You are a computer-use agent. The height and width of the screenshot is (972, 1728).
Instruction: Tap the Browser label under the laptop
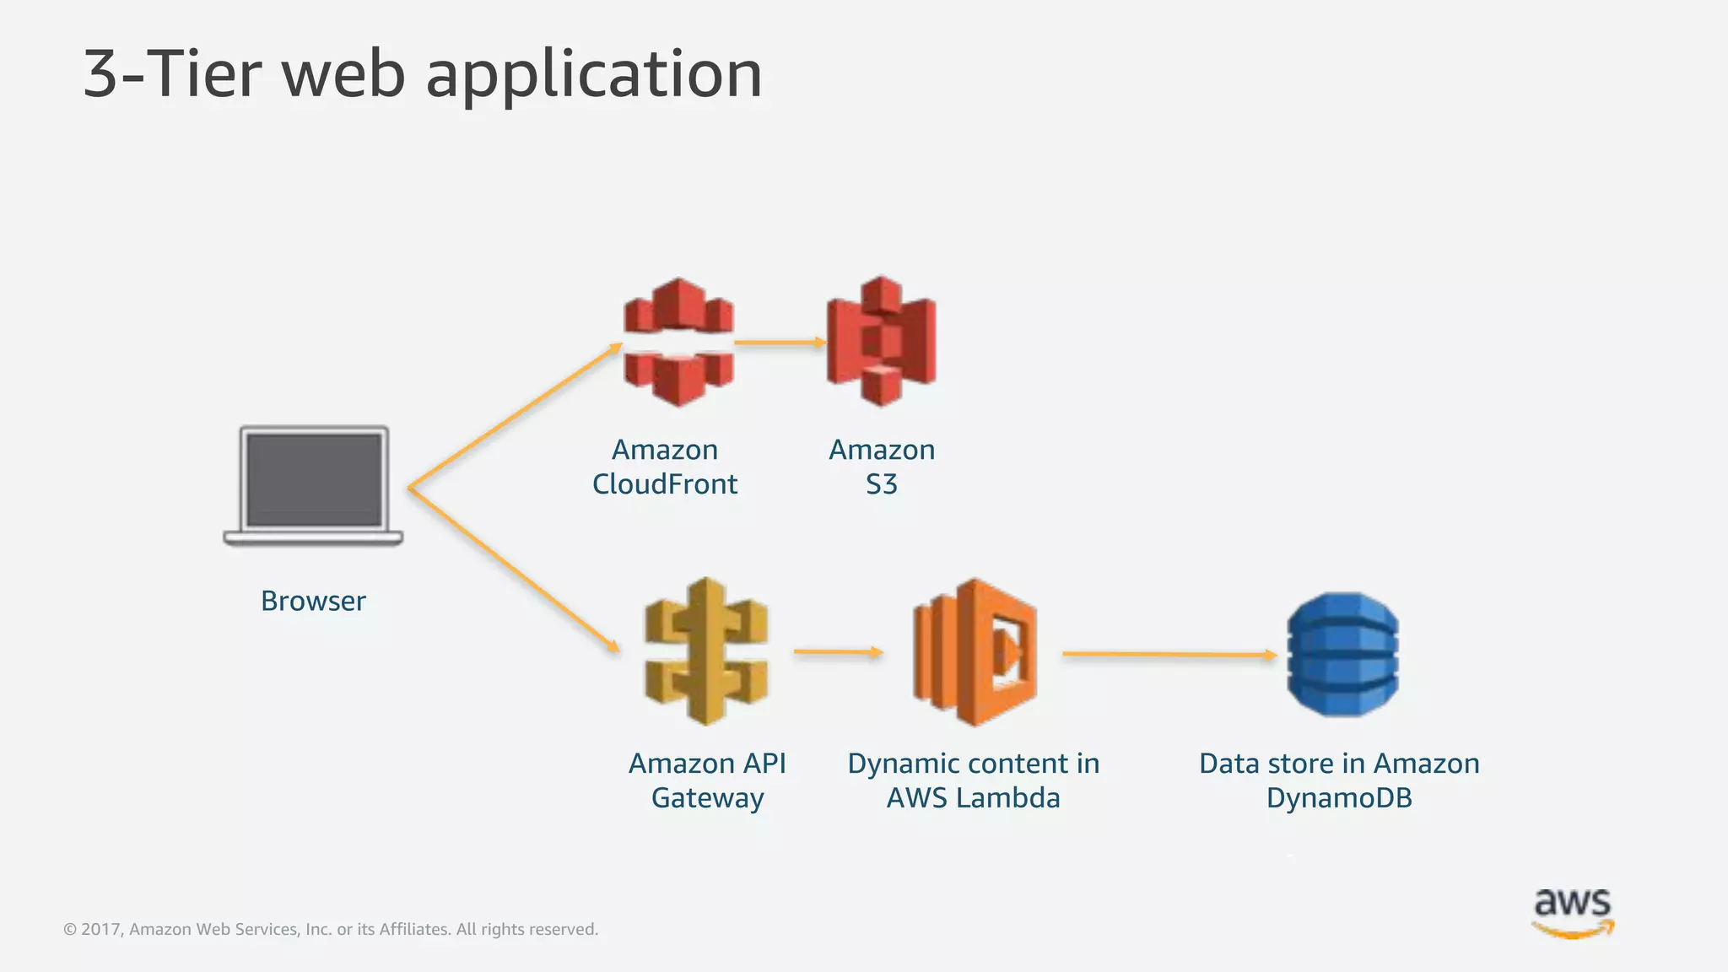313,601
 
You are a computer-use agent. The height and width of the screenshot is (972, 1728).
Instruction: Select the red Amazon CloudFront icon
678,342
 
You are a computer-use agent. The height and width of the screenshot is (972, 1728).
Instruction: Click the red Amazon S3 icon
881,341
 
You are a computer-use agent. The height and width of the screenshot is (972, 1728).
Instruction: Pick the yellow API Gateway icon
706,651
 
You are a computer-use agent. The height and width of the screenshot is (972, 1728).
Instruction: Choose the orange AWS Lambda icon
975,651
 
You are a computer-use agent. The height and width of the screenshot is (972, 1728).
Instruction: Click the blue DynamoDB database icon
1342,654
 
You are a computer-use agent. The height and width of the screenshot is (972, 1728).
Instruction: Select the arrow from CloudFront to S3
779,342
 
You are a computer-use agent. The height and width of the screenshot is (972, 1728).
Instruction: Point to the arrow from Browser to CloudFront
515,415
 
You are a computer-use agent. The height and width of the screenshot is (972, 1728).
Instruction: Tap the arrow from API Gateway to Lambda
837,651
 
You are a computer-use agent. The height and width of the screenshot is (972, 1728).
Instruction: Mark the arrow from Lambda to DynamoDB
1169,654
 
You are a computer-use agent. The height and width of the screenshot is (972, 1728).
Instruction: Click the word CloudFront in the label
665,484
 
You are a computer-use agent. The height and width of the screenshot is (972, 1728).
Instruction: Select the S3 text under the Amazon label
881,484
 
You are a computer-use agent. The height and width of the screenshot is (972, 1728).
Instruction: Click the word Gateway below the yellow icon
707,798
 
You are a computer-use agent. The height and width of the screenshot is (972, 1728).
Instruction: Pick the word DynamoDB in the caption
1339,798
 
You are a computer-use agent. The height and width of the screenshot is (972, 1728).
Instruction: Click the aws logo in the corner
1573,911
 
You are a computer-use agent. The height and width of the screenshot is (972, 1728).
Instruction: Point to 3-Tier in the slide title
173,74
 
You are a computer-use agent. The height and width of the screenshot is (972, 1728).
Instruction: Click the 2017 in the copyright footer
100,930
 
